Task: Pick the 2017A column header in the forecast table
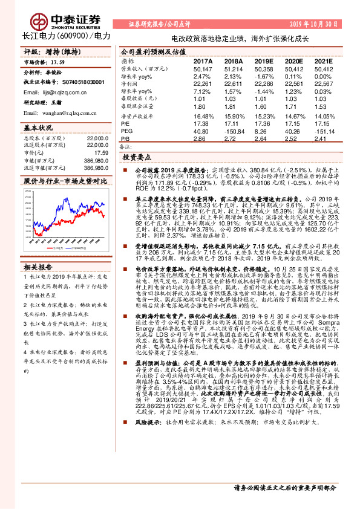pos(203,62)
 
